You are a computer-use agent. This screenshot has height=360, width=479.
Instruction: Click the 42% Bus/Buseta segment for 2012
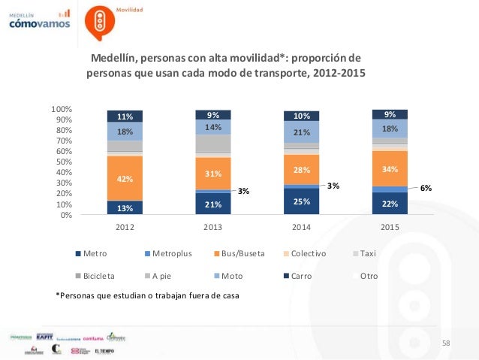125,179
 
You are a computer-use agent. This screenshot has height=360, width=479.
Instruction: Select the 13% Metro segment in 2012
125,208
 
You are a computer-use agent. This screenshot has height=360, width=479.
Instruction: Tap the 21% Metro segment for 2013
213,204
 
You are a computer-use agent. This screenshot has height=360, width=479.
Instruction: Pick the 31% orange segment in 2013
213,174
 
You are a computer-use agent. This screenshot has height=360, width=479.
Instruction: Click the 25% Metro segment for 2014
301,201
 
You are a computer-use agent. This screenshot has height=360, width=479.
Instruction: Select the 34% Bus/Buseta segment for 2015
390,168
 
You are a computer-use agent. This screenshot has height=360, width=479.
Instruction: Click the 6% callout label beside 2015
426,189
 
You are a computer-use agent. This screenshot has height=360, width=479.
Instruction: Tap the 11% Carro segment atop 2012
125,116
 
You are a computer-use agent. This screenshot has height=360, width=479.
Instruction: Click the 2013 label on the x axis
213,226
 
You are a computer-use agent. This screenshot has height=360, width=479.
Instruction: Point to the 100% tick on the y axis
62,110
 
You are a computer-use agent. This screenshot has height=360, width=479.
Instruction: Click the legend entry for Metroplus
170,254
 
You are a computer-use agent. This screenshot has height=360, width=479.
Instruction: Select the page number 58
446,343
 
